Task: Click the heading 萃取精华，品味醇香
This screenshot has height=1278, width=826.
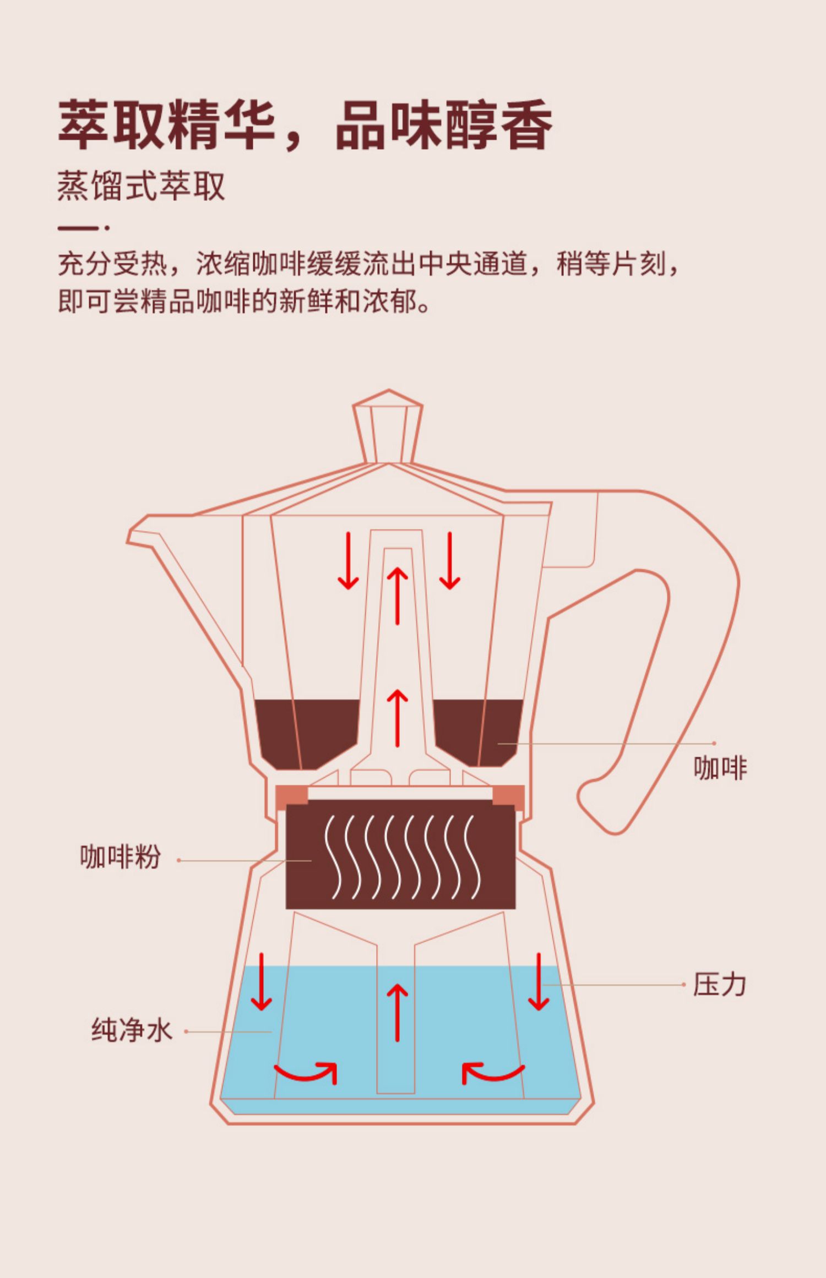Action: [305, 125]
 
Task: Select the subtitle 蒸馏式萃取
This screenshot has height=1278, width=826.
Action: [141, 187]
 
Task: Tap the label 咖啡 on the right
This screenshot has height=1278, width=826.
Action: [720, 768]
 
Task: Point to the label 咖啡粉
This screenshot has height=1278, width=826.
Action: [120, 857]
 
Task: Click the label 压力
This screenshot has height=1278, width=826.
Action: [719, 985]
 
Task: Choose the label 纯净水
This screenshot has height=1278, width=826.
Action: [132, 1030]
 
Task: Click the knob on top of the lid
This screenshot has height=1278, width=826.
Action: [388, 427]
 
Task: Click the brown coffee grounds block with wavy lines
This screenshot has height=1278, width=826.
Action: [400, 856]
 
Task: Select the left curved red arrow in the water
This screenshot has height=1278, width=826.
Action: [306, 1071]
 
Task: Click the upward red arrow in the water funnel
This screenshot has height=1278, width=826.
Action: [397, 1012]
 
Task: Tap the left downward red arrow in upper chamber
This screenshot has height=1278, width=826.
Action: [348, 560]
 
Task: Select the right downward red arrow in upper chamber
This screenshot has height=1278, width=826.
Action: [449, 560]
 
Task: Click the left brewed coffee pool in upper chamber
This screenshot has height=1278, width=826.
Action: [305, 732]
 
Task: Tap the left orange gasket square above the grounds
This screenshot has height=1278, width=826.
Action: [291, 795]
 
